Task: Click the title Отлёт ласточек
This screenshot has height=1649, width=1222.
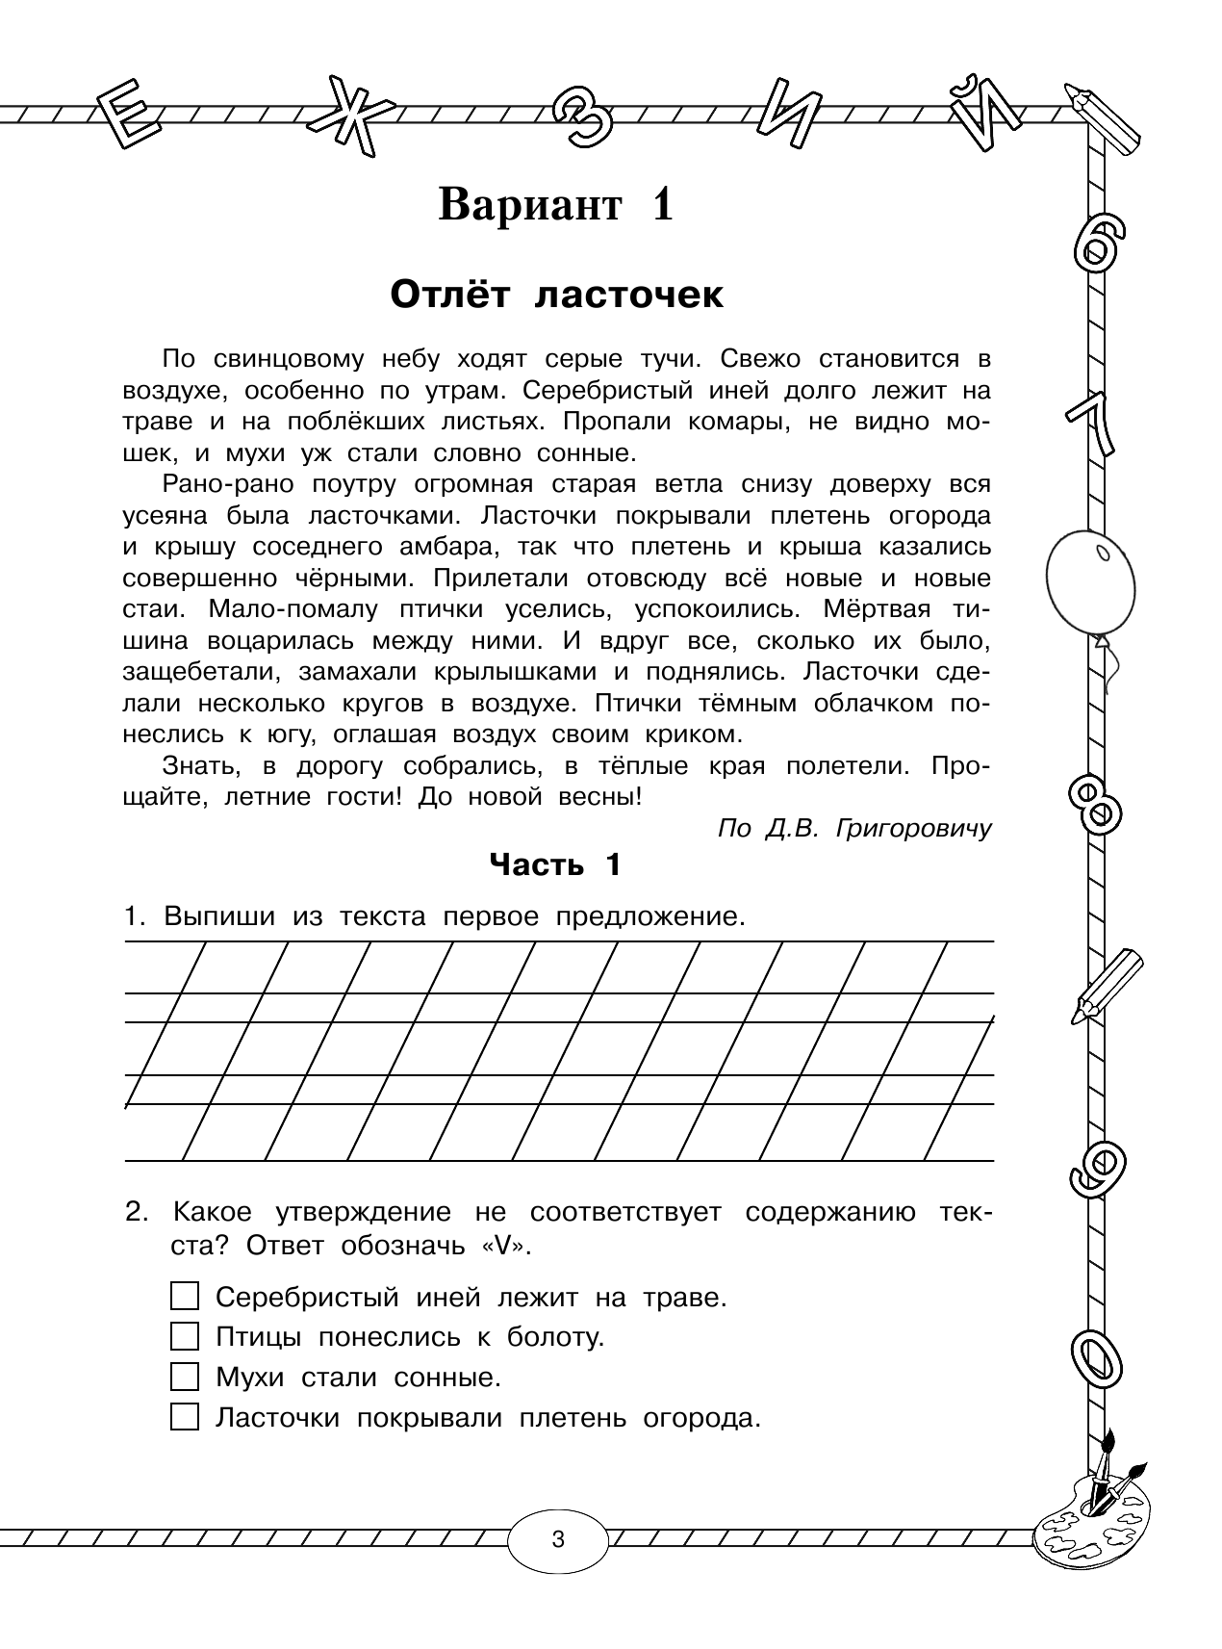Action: (556, 296)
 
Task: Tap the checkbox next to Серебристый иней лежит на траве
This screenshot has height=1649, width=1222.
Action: (184, 1296)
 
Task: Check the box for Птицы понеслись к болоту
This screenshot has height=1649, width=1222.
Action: (184, 1336)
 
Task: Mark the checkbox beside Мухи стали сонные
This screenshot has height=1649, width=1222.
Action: (184, 1377)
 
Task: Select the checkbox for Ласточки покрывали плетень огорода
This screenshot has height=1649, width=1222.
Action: (184, 1417)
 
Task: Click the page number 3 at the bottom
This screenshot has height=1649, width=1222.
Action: (558, 1538)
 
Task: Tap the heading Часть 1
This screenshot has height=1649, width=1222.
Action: (555, 864)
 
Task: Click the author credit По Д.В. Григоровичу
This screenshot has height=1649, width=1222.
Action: (853, 829)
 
